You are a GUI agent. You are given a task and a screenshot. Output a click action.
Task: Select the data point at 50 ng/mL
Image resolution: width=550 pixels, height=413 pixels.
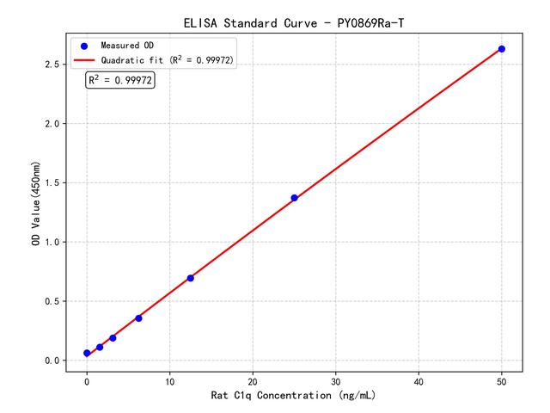click(x=502, y=49)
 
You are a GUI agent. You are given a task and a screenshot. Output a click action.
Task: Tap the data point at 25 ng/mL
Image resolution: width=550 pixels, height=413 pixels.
click(x=294, y=198)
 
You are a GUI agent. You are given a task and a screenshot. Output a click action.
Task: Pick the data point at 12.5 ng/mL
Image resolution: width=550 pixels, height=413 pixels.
click(x=190, y=278)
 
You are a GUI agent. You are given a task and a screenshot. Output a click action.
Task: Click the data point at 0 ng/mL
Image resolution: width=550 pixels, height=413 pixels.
click(x=87, y=353)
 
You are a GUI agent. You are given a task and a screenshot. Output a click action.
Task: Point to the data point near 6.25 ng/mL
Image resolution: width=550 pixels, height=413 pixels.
click(x=138, y=318)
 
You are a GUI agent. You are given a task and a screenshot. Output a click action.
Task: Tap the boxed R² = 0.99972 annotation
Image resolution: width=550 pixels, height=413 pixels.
click(x=120, y=80)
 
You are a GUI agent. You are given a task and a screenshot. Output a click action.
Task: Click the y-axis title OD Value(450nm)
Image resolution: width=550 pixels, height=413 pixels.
click(x=35, y=204)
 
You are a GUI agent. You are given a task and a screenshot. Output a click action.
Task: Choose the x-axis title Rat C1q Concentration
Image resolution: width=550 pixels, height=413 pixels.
click(x=293, y=396)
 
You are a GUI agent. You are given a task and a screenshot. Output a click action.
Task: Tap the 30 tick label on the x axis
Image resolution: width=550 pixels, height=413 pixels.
click(x=335, y=379)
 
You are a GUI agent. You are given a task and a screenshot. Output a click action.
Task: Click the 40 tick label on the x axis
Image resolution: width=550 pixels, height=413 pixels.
click(x=419, y=379)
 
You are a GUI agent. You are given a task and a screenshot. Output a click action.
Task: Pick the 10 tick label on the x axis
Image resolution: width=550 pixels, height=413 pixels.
click(x=169, y=379)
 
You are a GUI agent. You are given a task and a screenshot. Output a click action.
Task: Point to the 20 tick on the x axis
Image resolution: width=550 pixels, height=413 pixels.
click(x=253, y=379)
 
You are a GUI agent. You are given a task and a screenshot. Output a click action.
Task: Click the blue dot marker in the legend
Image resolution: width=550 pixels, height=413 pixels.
click(x=84, y=45)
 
